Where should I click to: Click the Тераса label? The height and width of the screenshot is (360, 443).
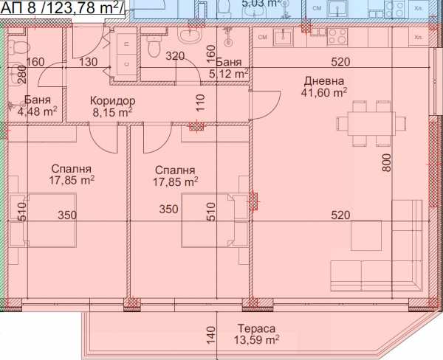(x=258, y=328)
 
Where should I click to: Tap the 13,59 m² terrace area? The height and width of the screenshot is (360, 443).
(x=258, y=340)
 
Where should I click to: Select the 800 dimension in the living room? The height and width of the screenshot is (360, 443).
(x=385, y=162)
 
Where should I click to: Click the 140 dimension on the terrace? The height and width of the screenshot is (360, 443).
(x=210, y=335)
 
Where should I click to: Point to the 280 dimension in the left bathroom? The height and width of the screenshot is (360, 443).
(x=21, y=74)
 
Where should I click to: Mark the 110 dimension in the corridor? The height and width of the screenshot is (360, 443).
(x=199, y=102)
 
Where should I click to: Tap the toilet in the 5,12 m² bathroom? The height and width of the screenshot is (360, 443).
(x=153, y=48)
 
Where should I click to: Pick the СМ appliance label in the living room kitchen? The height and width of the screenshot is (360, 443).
(x=261, y=36)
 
